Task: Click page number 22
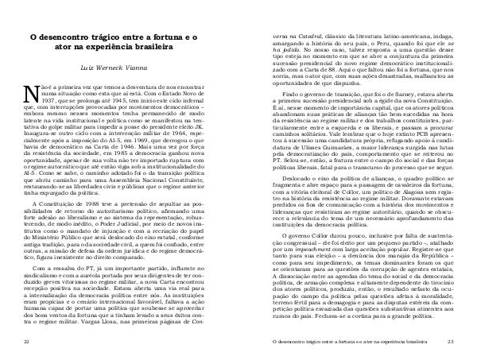(x=25, y=340)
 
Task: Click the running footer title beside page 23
(x=361, y=340)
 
